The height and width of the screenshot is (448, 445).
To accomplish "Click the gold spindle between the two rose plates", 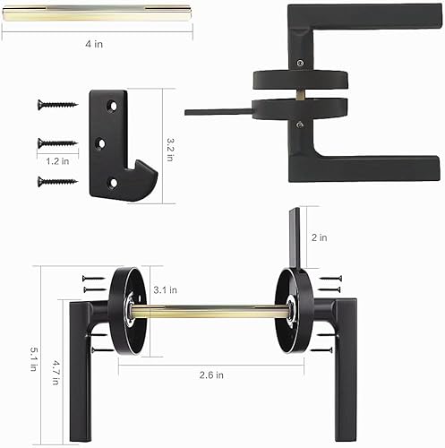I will tap(212, 311).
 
